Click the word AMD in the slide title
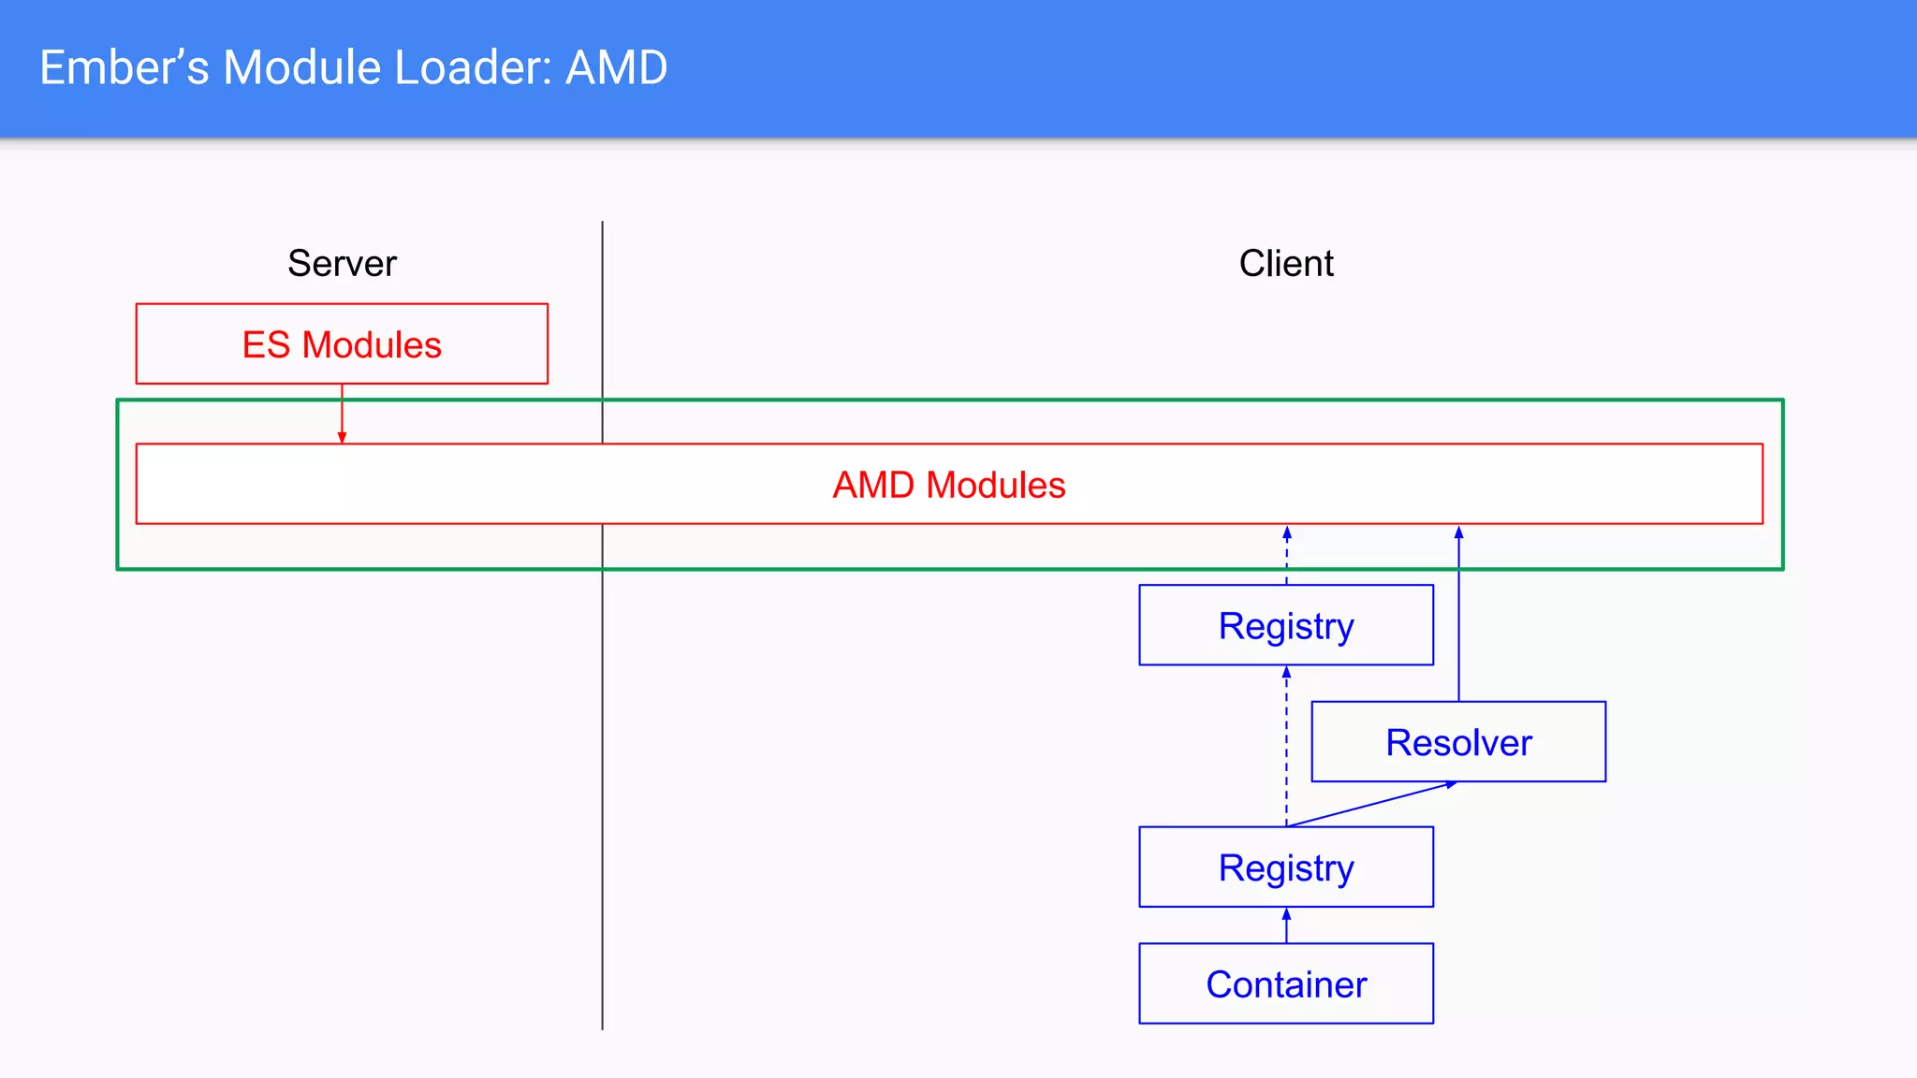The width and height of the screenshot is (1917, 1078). coord(616,68)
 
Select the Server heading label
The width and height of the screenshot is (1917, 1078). coord(342,264)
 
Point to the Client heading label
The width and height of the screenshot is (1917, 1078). coord(1285,264)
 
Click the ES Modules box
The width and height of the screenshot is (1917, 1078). coord(342,343)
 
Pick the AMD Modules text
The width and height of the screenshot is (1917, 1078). coord(948,485)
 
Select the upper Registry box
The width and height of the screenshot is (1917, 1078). coord(1285,625)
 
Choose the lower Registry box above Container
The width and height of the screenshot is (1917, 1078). coord(1285,867)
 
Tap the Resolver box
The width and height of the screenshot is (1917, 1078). coord(1457,742)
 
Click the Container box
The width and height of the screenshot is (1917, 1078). coord(1285,983)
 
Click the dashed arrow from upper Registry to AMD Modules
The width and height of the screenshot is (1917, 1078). coord(1286,557)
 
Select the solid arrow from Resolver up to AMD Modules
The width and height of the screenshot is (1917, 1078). coord(1458,618)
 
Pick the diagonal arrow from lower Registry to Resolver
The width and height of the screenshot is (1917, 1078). coord(1371,804)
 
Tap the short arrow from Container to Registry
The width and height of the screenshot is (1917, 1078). coord(1286,925)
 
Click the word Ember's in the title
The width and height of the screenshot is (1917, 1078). coord(124,68)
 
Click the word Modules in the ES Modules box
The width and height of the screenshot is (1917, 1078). coord(371,344)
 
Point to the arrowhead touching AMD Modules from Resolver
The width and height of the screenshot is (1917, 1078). coord(1458,532)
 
